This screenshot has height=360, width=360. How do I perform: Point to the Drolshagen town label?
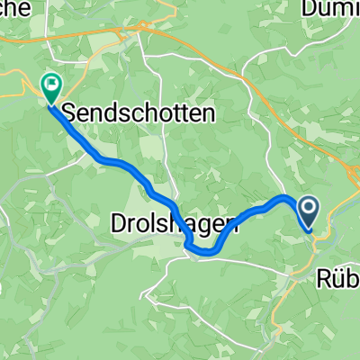click(175, 221)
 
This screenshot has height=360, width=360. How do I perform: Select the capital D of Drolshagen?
click(119, 221)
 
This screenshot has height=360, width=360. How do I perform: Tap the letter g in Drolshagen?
click(204, 224)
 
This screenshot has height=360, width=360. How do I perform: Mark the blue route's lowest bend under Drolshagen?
click(205, 253)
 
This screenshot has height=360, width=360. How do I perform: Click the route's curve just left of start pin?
click(286, 197)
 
